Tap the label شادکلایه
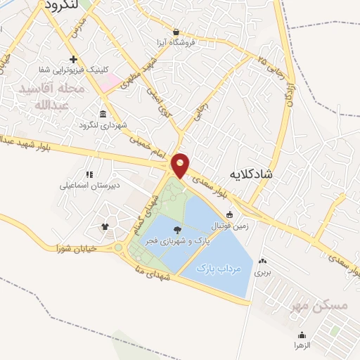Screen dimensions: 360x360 255,173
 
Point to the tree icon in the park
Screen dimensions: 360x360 176,229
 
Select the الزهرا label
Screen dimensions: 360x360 302,345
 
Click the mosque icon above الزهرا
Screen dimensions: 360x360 302,335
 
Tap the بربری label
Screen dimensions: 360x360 262,271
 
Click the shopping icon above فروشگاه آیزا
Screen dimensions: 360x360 175,31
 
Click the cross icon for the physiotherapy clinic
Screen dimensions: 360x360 73,59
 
